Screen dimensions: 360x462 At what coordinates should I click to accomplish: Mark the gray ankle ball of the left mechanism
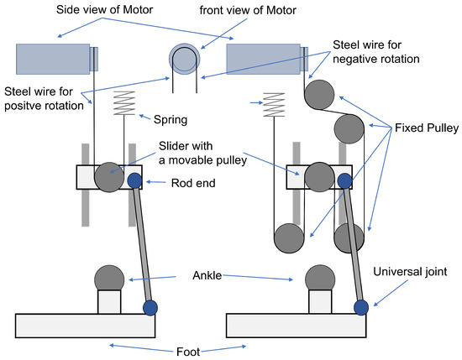[x=109, y=277]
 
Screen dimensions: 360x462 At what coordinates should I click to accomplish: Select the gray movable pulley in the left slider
[x=108, y=177]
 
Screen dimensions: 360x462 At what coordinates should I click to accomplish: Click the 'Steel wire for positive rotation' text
[x=47, y=97]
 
